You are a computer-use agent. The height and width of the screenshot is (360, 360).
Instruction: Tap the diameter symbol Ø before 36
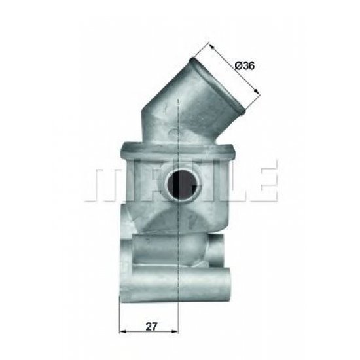coord(237,65)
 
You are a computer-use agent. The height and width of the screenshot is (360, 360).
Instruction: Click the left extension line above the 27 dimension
coord(120,308)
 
